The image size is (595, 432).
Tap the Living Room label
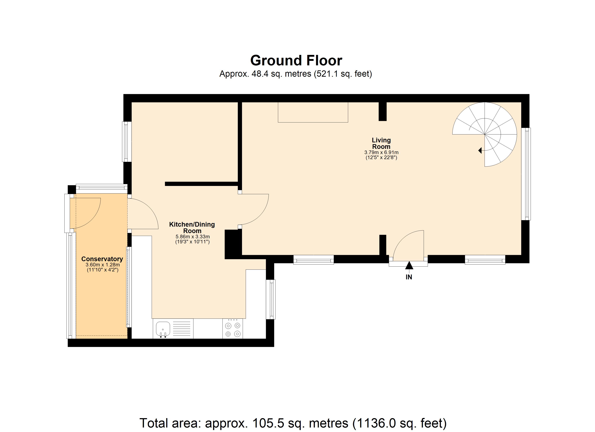381,143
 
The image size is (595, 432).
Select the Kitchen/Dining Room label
192,227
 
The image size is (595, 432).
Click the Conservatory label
102,259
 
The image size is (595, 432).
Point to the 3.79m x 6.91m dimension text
381,152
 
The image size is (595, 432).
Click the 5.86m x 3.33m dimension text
193,237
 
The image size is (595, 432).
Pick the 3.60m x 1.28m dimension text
103,265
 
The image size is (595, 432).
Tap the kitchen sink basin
163,328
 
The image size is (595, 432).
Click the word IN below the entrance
409,277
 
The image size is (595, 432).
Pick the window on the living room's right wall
526,174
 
